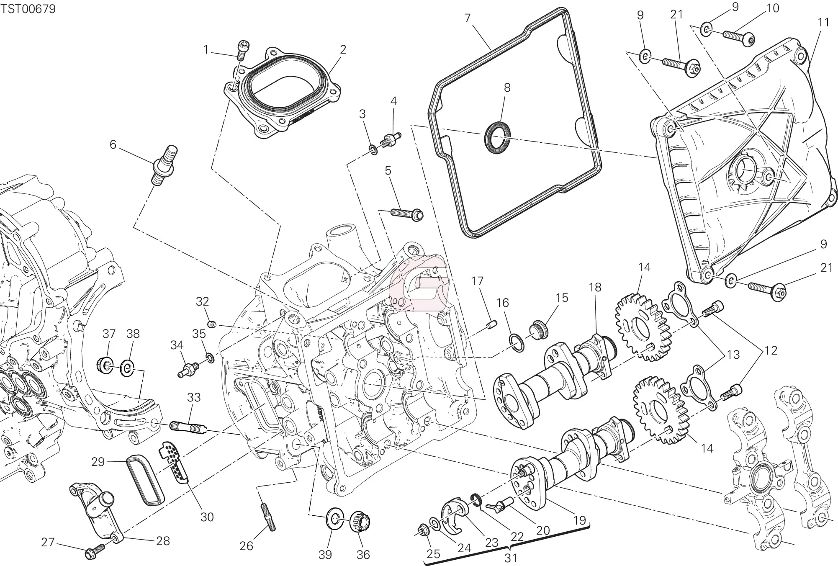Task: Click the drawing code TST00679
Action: click(28, 9)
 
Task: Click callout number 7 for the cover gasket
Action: click(468, 18)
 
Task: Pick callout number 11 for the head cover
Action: click(823, 23)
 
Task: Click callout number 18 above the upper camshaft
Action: click(595, 287)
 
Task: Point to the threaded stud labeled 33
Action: click(188, 427)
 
